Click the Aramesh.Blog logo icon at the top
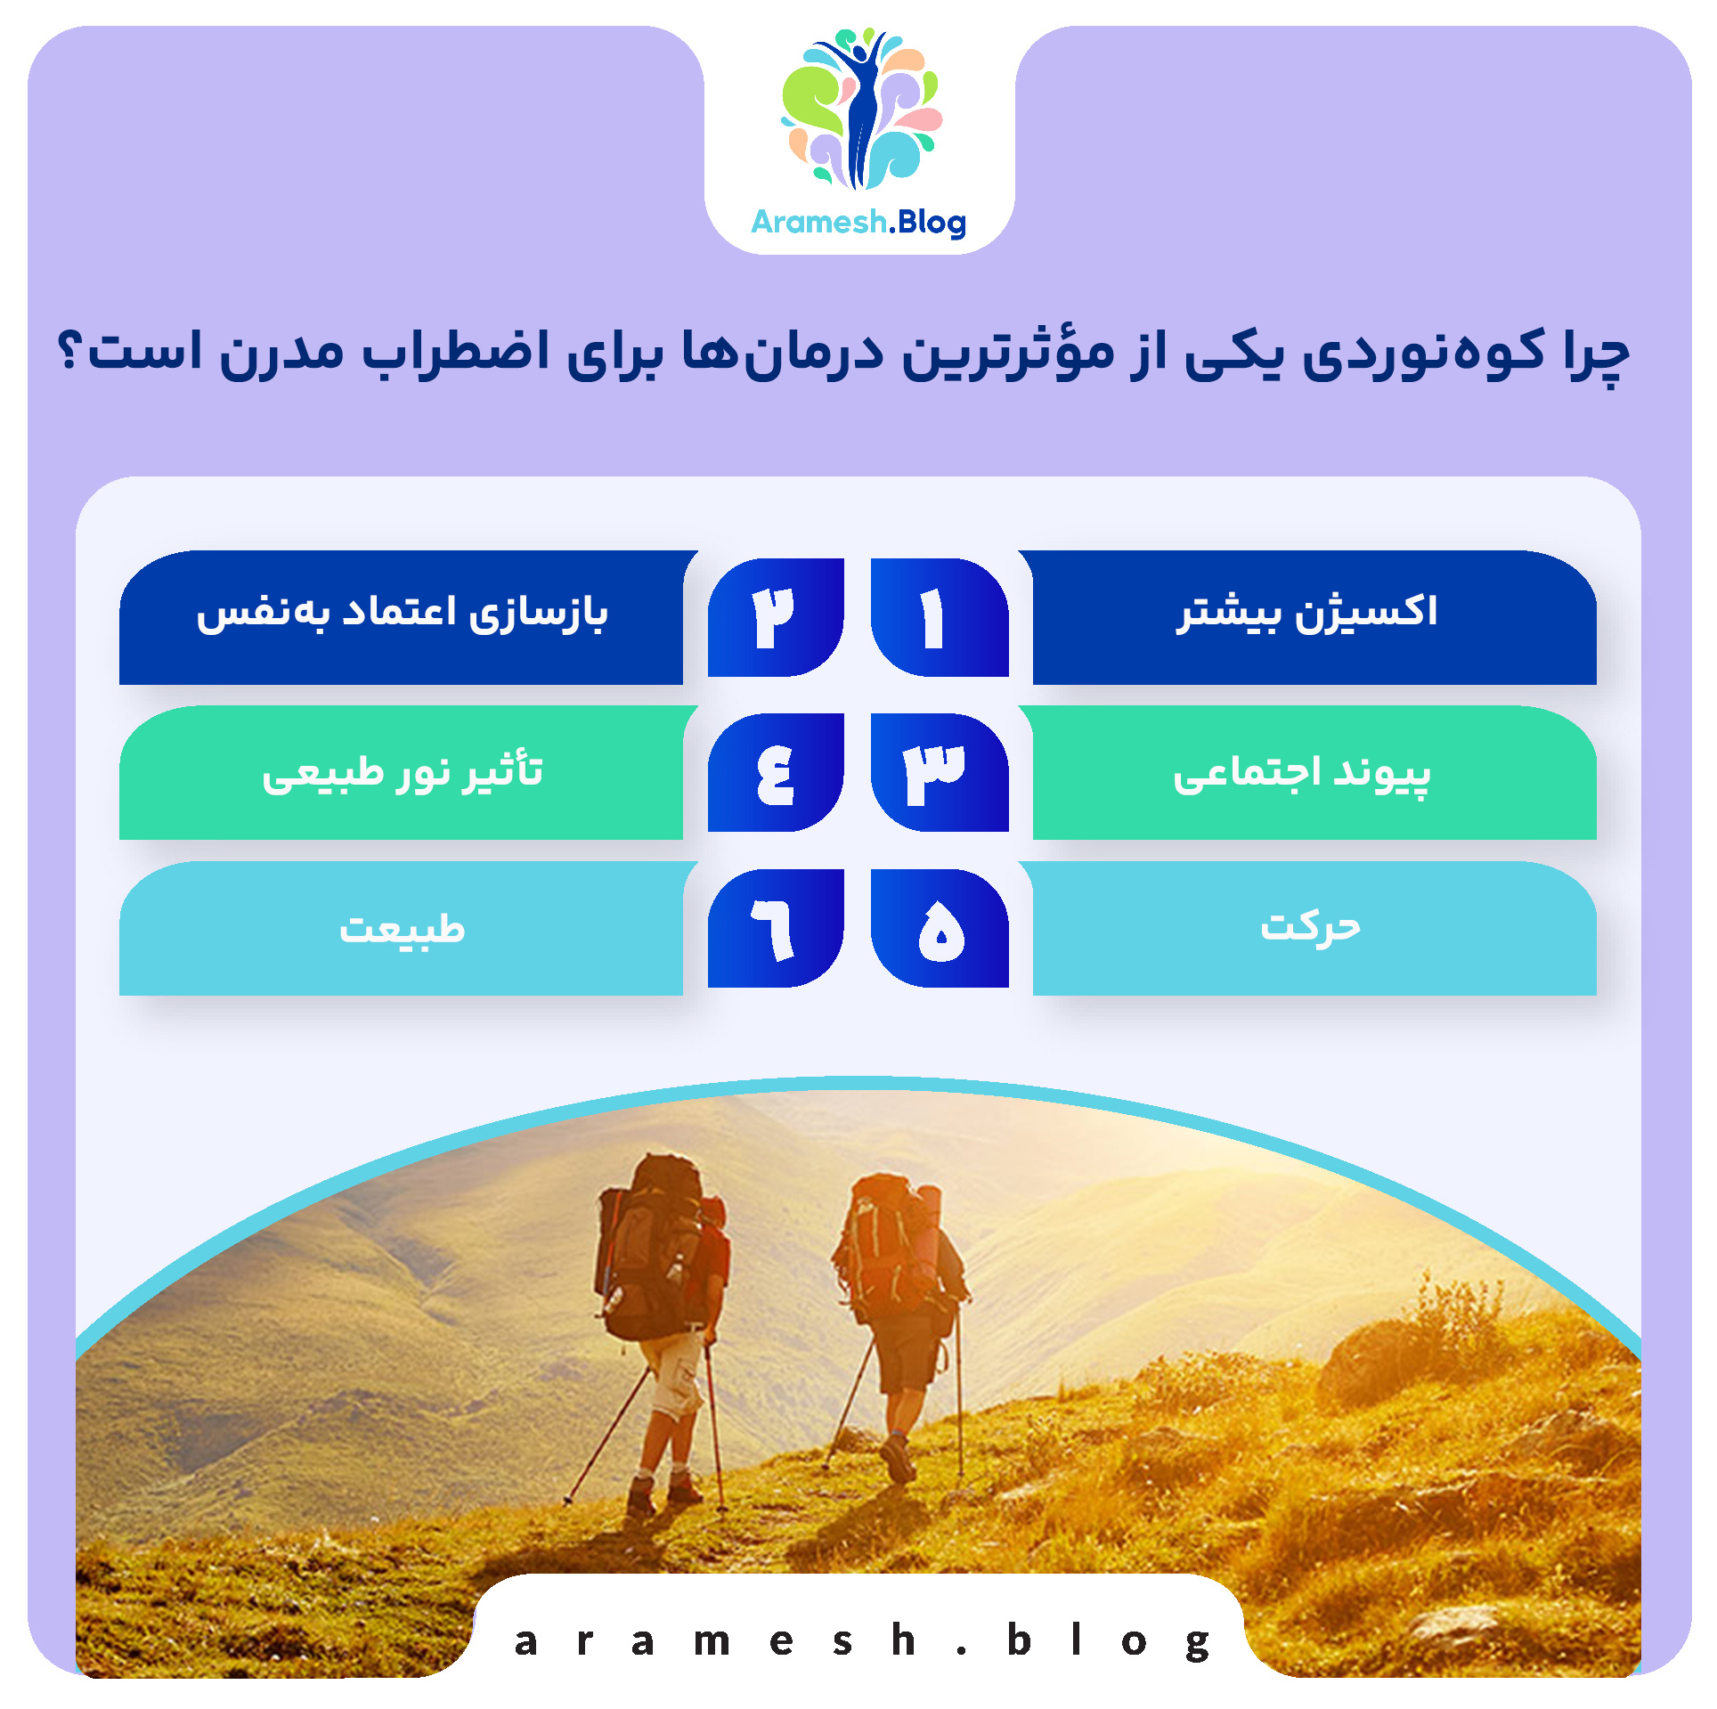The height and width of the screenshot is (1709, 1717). coord(860,109)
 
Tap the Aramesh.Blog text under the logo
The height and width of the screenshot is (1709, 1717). coord(858,222)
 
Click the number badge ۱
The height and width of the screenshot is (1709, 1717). coord(939,617)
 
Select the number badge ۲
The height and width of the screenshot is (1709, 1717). coord(776,617)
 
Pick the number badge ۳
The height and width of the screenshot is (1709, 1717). coord(939,772)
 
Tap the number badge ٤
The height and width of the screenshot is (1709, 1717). coord(776,772)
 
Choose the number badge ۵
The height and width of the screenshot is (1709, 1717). coord(939,928)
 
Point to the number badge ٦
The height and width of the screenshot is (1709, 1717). coord(776,928)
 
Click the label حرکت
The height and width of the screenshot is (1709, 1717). coord(1310,928)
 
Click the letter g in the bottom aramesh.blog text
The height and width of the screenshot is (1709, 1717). coord(1198,1640)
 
